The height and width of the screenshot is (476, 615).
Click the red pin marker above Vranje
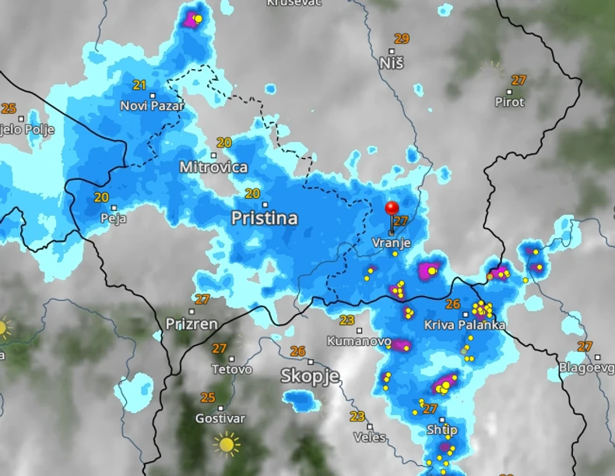pos(392,209)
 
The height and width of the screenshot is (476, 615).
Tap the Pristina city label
pos(264,219)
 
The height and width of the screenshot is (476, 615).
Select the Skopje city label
pos(310,376)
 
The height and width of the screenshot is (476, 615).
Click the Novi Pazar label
pos(153,105)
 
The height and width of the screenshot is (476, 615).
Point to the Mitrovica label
pos(213,167)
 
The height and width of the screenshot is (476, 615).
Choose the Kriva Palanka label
pos(465,325)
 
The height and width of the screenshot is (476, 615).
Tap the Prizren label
pos(192,323)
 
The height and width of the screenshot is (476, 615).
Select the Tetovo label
pos(232,369)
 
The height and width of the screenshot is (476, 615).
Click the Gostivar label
pos(220,418)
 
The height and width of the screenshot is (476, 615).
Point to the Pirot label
pos(510,102)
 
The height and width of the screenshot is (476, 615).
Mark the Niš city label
pos(392,62)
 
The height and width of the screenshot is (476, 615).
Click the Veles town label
pos(370,437)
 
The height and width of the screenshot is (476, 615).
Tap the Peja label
pos(113,219)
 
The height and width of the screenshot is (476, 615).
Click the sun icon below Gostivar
pos(227,444)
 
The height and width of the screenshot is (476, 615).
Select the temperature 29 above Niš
pos(402,38)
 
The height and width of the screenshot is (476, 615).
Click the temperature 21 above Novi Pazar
pos(140,85)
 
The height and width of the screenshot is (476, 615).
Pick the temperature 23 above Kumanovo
pos(346,320)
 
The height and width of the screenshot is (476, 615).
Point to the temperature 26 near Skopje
pos(297,351)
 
